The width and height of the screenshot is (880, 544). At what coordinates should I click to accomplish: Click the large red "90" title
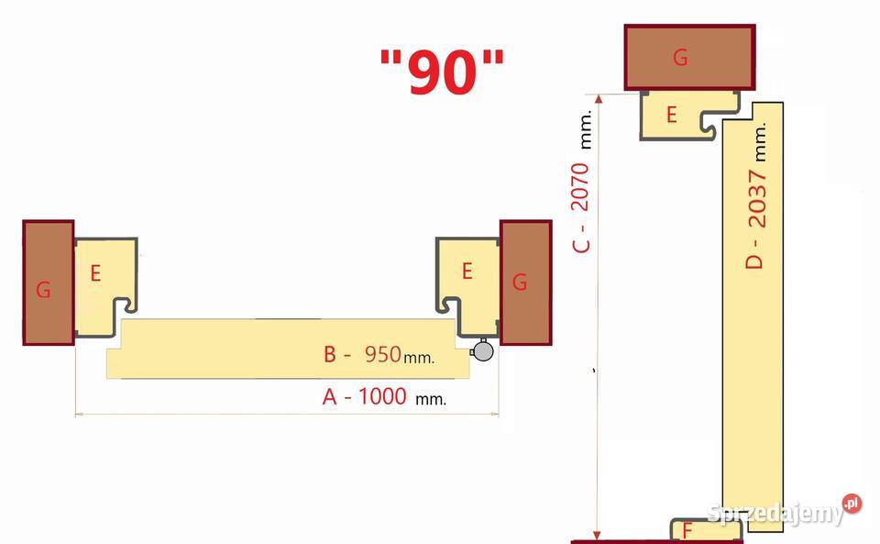click(x=442, y=72)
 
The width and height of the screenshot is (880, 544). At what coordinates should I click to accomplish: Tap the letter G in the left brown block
click(x=43, y=290)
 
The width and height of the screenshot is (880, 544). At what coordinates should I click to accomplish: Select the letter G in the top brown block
click(x=680, y=57)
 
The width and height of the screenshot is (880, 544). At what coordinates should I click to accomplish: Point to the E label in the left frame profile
click(x=95, y=273)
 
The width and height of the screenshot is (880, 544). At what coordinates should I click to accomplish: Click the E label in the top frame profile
click(x=671, y=115)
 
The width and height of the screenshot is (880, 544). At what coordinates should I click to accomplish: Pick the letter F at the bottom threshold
click(x=687, y=530)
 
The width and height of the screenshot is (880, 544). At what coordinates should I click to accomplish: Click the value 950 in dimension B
click(x=383, y=354)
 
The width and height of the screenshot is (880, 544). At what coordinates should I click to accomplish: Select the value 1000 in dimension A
click(x=382, y=396)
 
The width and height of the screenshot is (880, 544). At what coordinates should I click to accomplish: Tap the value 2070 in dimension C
click(x=579, y=187)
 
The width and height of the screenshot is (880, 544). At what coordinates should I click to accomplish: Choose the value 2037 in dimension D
click(x=757, y=199)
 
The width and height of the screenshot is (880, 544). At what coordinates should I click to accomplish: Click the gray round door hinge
click(x=482, y=350)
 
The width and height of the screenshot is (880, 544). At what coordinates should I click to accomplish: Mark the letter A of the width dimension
click(x=329, y=397)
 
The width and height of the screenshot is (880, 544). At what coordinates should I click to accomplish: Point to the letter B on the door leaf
click(x=330, y=355)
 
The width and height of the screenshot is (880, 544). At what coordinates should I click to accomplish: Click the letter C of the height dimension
click(x=581, y=245)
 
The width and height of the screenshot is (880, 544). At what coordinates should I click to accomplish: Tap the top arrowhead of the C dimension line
click(x=599, y=99)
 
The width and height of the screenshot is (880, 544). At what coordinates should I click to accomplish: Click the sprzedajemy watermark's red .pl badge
click(x=852, y=503)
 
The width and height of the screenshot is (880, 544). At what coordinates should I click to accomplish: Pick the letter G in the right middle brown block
click(x=520, y=282)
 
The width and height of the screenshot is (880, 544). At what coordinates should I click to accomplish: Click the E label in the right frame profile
click(x=467, y=272)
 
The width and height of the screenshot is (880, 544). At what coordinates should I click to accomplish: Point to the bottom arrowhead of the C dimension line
click(x=597, y=535)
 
